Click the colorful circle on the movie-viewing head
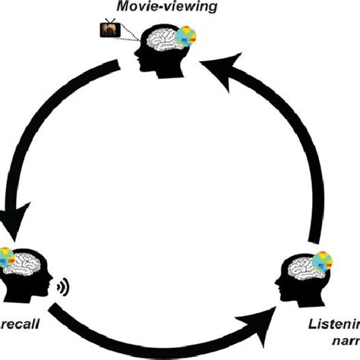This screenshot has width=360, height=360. point(185,38)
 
